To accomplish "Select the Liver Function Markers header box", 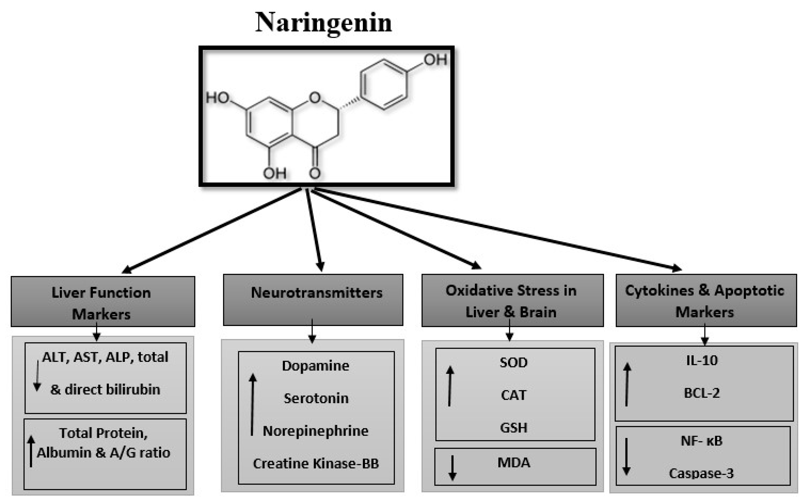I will (103, 301).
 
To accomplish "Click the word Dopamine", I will (315, 366).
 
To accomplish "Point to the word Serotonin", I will (316, 398).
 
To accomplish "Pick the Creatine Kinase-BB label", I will (316, 463).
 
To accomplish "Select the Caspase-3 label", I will (701, 473).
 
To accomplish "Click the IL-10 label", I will (702, 360).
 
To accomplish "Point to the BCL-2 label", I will (702, 393).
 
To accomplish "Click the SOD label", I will (513, 362).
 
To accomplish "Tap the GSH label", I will (513, 428).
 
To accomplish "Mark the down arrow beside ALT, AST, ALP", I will (37, 376).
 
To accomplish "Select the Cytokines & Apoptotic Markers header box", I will (706, 300).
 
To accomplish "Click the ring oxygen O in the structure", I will (315, 97).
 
